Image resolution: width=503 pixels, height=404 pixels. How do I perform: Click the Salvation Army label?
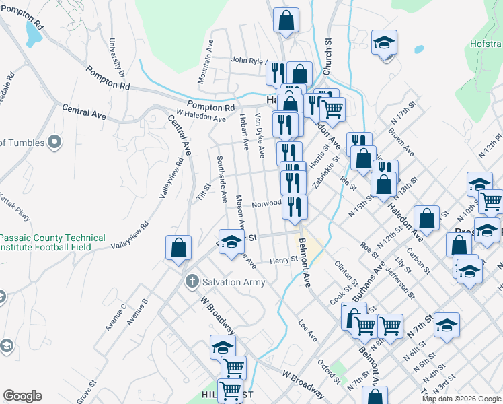235,282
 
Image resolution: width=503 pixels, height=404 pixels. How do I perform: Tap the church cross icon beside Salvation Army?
192,281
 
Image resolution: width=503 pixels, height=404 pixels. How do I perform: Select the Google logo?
22,396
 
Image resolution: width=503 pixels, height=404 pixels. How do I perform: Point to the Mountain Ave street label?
206,65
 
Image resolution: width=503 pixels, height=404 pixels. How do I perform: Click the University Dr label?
117,58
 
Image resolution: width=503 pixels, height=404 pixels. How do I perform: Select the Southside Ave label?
221,178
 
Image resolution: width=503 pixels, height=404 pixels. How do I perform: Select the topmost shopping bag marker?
286,20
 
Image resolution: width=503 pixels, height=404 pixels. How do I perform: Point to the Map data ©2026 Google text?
461,399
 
